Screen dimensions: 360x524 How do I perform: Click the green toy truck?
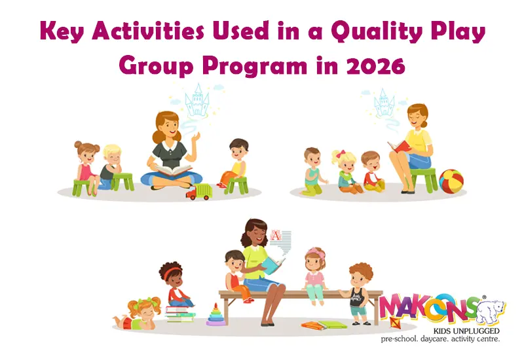click(199, 191)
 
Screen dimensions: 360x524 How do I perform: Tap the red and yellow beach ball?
click(451, 181)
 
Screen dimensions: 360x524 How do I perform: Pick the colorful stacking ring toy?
click(214, 315)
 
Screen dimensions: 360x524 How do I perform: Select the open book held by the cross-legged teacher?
click(171, 170)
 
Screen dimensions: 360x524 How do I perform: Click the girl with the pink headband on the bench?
click(315, 275)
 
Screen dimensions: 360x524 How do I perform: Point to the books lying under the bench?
click(324, 325)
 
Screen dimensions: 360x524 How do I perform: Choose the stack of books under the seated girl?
click(180, 313)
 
